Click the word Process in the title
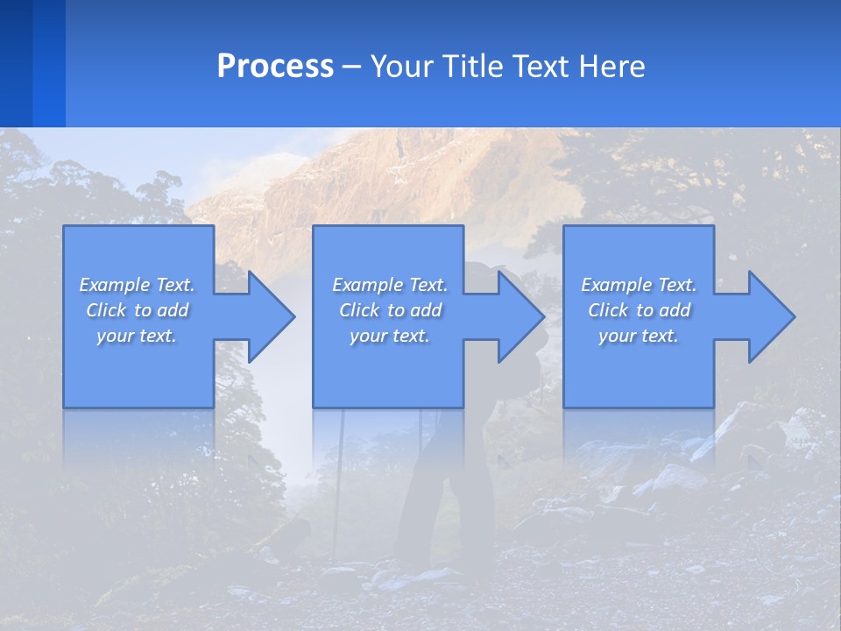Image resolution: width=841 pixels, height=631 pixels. click(x=275, y=67)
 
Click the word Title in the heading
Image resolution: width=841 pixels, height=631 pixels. click(x=469, y=67)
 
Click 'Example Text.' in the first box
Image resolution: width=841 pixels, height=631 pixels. click(x=137, y=285)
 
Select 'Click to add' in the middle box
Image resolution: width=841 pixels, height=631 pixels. click(x=390, y=310)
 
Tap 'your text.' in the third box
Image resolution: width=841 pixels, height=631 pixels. click(x=639, y=336)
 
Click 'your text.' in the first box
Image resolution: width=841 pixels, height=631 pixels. click(x=137, y=336)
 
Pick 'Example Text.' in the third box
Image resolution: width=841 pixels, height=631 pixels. click(x=639, y=285)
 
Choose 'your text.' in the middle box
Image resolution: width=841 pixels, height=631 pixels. click(x=390, y=336)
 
